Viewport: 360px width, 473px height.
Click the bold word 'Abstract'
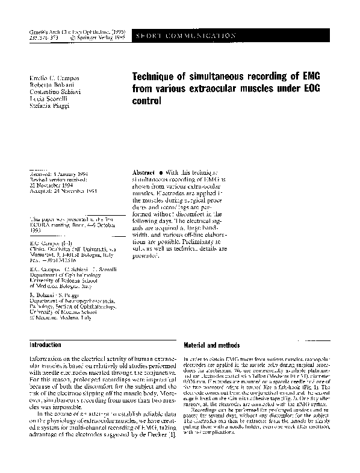144,172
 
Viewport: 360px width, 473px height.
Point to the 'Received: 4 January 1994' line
58,172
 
